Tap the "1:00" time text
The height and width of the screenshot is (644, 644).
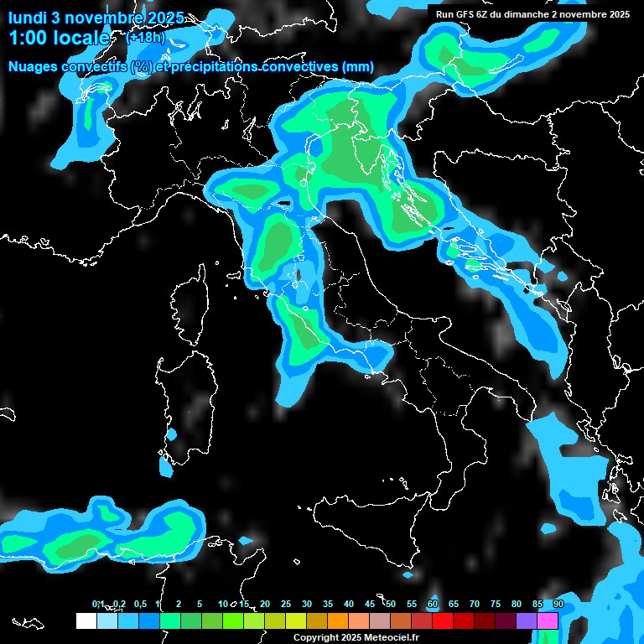click(x=28, y=38)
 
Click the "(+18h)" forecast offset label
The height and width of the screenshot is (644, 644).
click(x=145, y=38)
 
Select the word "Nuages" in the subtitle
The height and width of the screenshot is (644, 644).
click(x=34, y=67)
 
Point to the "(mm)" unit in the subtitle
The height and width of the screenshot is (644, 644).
click(x=357, y=67)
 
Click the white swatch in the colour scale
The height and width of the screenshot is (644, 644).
click(x=86, y=621)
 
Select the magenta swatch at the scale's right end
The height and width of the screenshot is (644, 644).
click(x=548, y=621)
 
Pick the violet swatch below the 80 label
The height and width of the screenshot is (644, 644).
click(x=527, y=621)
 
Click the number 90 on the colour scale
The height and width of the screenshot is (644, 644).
click(x=558, y=604)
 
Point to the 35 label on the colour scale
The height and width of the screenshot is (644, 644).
click(x=328, y=604)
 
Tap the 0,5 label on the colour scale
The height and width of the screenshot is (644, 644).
click(x=139, y=604)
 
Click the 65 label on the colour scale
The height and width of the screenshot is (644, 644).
click(x=454, y=604)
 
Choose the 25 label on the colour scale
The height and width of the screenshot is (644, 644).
click(x=286, y=604)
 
